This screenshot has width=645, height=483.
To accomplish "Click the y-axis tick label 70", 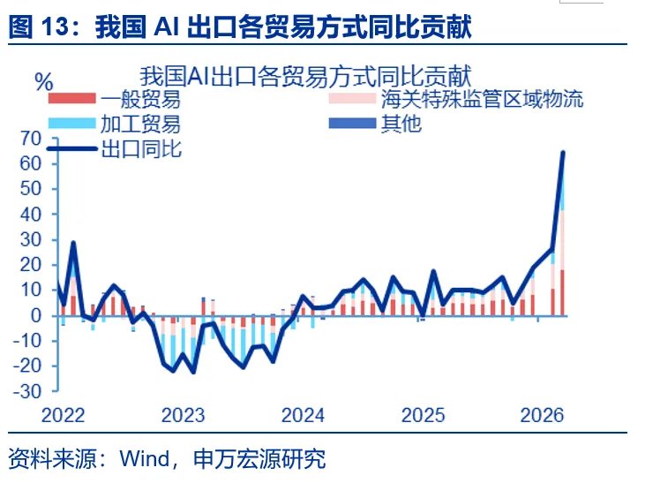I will pos(30,138).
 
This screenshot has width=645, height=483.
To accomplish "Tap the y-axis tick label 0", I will pos(35,315).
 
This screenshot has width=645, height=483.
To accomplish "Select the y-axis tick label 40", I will pos(30,214).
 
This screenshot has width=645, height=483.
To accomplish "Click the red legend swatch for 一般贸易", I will pos(73,99).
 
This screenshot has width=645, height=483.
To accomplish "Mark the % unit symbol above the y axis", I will pos(43,82).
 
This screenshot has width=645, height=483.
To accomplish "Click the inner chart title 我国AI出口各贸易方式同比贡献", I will pos(305,76).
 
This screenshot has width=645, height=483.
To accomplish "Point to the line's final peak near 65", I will pos(563,153).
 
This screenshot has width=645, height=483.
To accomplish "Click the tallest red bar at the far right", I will pos(562,291).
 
